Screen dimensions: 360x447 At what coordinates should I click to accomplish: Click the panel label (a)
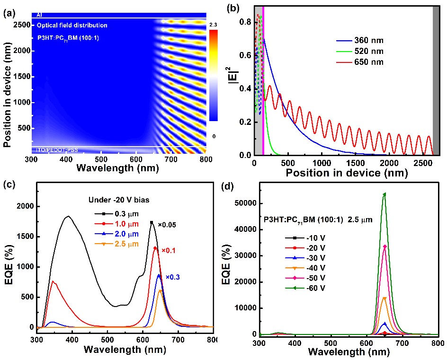click(8, 14)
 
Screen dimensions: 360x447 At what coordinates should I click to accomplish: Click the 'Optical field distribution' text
click(72, 25)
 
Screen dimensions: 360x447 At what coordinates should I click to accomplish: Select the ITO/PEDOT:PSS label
click(54, 150)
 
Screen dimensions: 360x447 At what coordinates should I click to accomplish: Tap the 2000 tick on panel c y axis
click(27, 206)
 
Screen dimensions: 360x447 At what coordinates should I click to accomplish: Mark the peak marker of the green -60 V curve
click(384, 193)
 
